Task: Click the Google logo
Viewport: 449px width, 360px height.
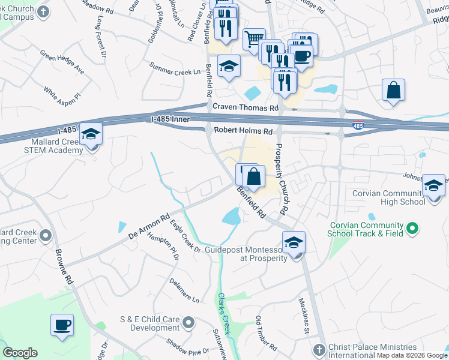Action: coord(20,353)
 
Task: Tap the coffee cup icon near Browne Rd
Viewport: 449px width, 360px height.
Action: coord(62,325)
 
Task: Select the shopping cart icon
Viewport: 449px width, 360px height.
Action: coord(254,39)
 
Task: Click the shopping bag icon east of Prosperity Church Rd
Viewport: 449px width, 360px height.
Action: coord(393,91)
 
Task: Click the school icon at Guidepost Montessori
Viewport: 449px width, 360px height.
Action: coord(294,242)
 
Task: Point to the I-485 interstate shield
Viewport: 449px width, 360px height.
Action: coord(358,125)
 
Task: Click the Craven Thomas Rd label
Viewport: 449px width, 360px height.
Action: coord(246,107)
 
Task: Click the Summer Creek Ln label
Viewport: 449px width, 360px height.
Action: coord(175,68)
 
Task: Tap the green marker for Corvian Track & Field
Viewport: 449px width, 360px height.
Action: coord(412,228)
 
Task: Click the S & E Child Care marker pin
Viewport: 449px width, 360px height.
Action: coord(189,323)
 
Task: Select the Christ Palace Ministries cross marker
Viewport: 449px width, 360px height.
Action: coord(318,349)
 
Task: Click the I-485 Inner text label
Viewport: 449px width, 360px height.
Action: coord(171,120)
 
